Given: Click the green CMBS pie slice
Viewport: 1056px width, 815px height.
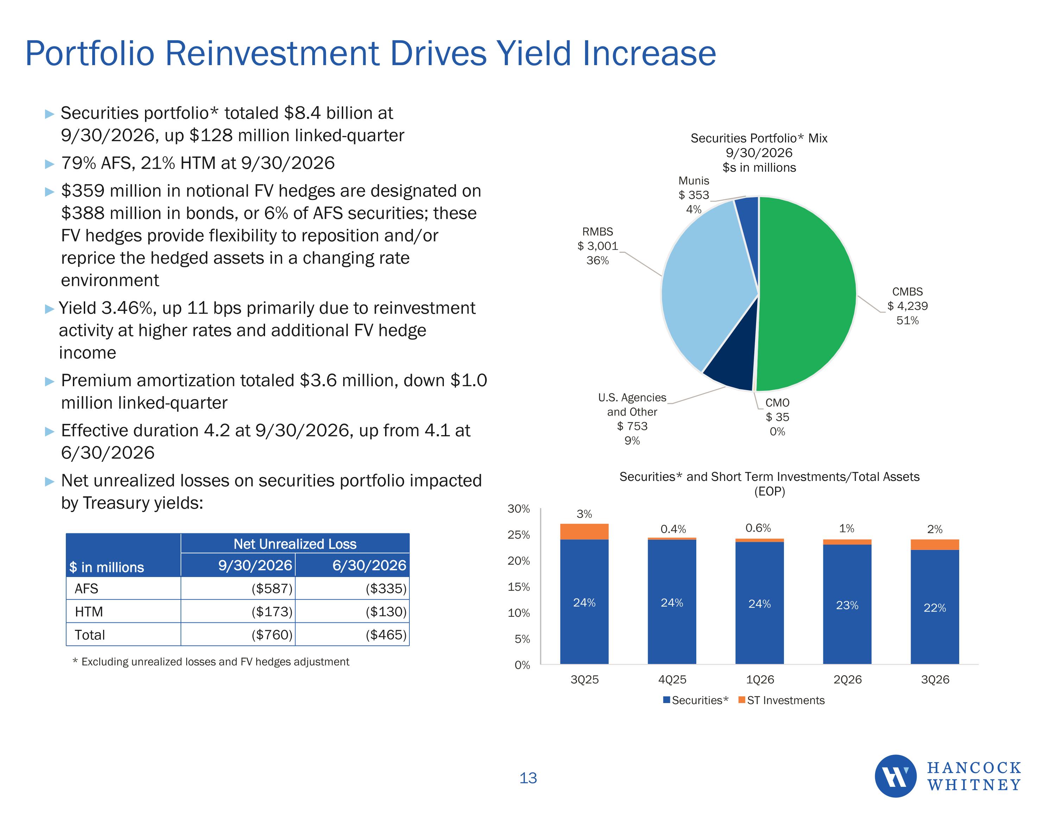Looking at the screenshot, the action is tap(807, 294).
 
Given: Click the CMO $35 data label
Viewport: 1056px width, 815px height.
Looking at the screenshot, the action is tap(777, 417).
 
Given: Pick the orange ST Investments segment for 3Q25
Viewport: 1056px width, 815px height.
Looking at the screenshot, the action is tap(584, 532).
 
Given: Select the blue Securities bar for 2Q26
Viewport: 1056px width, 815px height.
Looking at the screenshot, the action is tap(847, 604).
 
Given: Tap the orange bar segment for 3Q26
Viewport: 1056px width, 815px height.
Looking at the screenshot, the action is tap(935, 545).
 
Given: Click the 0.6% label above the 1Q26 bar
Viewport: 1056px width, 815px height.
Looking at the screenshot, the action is tap(758, 528).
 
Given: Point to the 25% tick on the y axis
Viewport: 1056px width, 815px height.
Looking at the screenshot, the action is tap(518, 535).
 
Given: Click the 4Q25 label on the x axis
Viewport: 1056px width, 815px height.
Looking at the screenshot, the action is tap(672, 679).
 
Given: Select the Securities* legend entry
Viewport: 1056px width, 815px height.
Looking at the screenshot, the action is tap(695, 700).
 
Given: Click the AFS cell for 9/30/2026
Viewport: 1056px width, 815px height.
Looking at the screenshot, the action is tap(272, 589).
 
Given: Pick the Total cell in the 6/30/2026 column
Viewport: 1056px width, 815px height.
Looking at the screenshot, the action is tap(386, 635).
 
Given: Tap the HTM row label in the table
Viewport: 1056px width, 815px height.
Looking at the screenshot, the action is tap(89, 612).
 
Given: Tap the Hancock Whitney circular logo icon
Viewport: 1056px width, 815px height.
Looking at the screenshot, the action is tap(895, 776).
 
